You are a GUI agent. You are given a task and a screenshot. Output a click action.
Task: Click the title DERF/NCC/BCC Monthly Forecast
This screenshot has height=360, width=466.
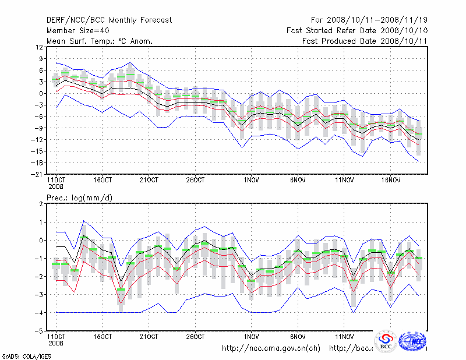[110, 20]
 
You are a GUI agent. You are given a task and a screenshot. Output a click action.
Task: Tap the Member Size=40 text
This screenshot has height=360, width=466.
[77, 30]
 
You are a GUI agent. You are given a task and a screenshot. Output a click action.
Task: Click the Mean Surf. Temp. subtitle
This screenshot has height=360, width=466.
[100, 41]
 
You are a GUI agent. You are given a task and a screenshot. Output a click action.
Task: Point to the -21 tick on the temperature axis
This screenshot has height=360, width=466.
[37, 174]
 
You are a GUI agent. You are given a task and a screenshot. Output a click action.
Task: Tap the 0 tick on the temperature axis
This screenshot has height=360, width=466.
[40, 93]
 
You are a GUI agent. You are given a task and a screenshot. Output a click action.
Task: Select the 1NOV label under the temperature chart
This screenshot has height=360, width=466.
[252, 180]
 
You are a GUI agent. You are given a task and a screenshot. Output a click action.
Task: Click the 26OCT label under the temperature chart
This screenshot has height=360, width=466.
[196, 180]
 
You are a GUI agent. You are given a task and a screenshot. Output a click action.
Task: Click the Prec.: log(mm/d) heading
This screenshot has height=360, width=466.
[80, 198]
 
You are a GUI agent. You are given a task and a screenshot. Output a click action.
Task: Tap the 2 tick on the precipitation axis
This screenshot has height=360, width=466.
[40, 204]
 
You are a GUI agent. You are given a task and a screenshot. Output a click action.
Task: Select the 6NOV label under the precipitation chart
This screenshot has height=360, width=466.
[298, 337]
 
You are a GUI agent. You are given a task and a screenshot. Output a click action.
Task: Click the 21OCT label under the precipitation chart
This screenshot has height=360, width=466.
[149, 337]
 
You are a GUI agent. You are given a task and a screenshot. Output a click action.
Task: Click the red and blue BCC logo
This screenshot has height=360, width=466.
[386, 341]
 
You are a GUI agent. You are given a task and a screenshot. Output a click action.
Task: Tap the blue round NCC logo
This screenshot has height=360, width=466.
[415, 341]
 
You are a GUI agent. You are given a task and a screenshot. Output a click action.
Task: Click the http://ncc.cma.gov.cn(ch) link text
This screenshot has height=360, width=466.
[271, 348]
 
